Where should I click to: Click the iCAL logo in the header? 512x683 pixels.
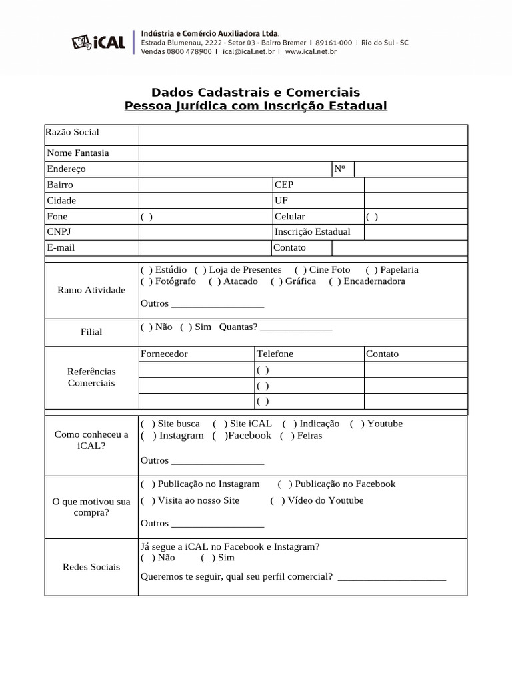98,42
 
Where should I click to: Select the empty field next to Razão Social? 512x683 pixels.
303,135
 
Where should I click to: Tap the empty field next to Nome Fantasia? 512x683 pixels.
303,153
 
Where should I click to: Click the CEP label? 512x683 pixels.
283,185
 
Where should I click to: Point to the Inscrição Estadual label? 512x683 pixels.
312,232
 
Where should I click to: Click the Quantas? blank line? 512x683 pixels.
296,328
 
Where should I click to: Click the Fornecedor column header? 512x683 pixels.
164,354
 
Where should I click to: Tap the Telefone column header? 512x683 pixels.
275,354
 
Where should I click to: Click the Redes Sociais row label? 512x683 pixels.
91,566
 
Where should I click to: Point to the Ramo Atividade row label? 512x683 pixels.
91,290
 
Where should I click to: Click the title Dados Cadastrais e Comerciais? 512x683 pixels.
255,92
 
